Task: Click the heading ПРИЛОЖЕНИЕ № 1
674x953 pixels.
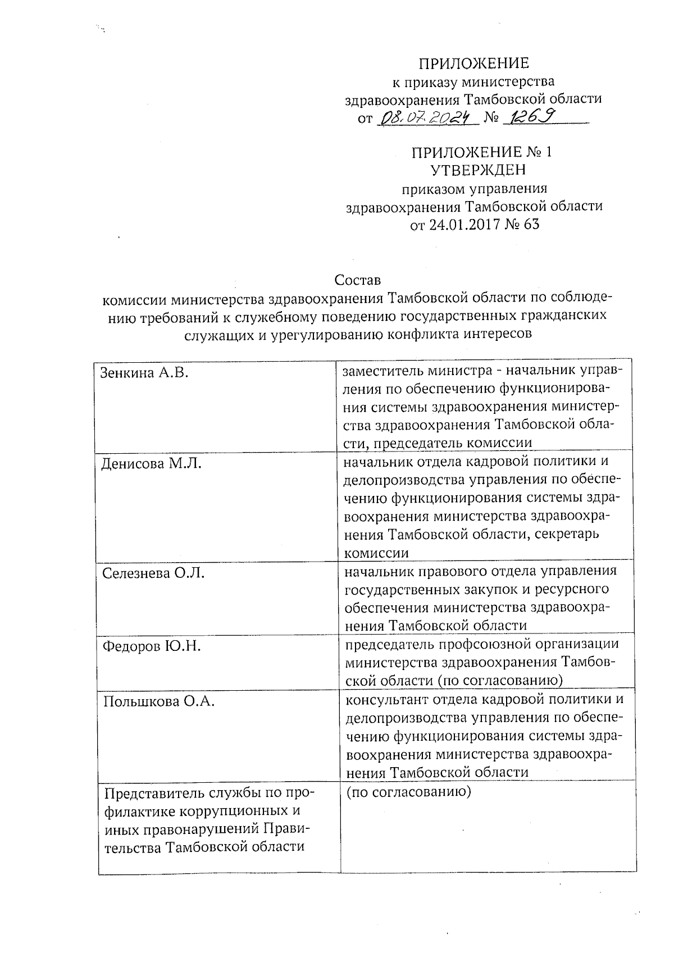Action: [x=482, y=153]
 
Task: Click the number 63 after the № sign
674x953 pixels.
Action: [x=530, y=225]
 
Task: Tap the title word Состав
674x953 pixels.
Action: [x=358, y=279]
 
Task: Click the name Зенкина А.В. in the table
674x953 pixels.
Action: [x=144, y=372]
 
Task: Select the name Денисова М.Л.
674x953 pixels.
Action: [x=151, y=463]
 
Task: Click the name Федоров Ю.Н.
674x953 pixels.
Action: [x=152, y=646]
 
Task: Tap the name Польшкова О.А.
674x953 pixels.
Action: [x=159, y=701]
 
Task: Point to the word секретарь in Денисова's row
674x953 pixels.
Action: [x=567, y=534]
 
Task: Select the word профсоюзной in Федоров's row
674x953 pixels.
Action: [x=484, y=644]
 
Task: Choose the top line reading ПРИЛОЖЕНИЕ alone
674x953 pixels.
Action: [x=475, y=63]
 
